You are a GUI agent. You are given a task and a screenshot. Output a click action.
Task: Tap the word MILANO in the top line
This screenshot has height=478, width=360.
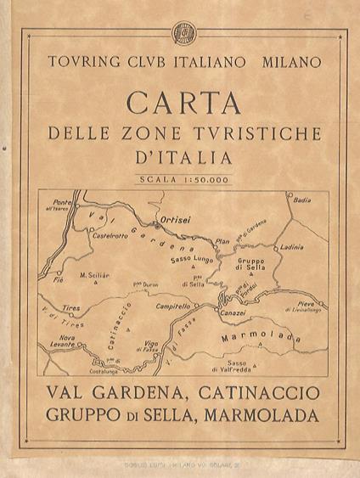coord(292,62)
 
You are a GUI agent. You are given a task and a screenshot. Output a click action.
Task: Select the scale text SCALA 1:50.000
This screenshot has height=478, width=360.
coord(180,178)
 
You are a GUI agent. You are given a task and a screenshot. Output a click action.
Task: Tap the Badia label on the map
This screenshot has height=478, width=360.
coord(301,200)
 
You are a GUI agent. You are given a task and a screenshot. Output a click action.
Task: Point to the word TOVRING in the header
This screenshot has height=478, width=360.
coord(83,62)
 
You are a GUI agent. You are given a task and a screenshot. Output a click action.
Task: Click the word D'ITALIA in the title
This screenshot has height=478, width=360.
coord(180,157)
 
